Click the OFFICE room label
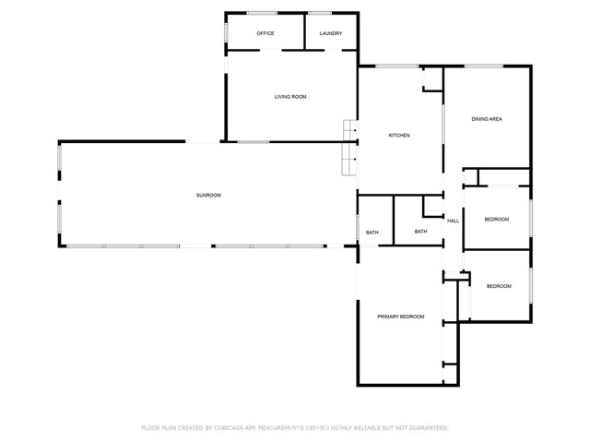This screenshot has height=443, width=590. (265, 33)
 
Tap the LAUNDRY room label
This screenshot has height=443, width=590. (331, 33)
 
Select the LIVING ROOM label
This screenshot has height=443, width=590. (290, 97)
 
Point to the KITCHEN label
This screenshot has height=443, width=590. (399, 136)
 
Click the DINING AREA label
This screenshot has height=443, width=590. (487, 119)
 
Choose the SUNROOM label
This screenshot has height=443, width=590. (208, 195)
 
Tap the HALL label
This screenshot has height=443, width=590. (453, 221)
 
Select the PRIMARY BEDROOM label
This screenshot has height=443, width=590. (401, 317)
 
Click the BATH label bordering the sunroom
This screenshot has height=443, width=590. (372, 232)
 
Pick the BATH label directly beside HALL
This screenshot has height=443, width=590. (420, 232)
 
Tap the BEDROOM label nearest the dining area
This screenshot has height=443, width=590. (498, 219)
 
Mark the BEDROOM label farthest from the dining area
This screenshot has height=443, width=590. (499, 286)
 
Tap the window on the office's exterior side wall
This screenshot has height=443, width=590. (227, 32)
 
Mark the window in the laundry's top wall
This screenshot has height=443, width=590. (320, 13)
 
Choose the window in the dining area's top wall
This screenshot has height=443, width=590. (483, 66)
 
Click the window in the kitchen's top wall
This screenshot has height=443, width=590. (395, 66)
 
